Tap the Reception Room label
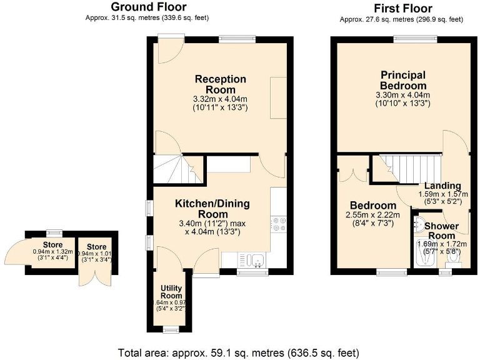click(x=220, y=84)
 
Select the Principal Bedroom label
click(x=403, y=80)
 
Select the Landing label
click(x=442, y=186)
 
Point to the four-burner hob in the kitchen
click(x=278, y=224)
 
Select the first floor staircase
click(x=409, y=167)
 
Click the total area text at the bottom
click(x=239, y=352)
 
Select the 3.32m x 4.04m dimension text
click(x=220, y=99)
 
